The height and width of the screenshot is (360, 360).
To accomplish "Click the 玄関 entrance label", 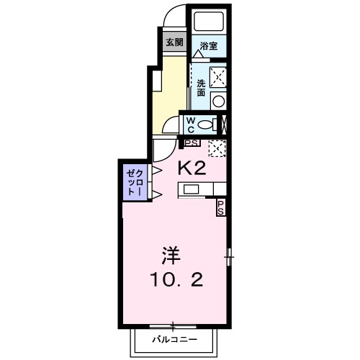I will pyautogui.click(x=174, y=42).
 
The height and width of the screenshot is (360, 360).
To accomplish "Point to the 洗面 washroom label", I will pyautogui.click(x=201, y=87).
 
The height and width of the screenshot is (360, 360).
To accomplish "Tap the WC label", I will pyautogui.click(x=190, y=124).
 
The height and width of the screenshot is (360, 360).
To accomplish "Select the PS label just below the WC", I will pyautogui.click(x=191, y=143).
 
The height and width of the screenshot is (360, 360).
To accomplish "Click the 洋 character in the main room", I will pyautogui.click(x=169, y=255).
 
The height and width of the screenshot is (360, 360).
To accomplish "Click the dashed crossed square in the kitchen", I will pyautogui.click(x=217, y=148).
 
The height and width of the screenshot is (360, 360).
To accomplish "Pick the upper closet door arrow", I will pyautogui.click(x=155, y=171).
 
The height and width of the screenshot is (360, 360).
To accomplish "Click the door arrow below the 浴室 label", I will pyautogui.click(x=197, y=54).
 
